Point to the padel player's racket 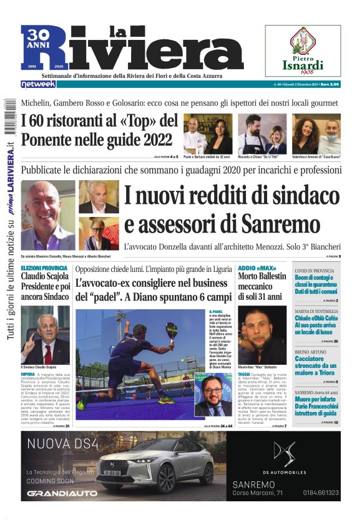[169, 329]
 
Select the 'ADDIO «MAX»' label [257, 268]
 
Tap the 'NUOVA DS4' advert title [61, 444]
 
